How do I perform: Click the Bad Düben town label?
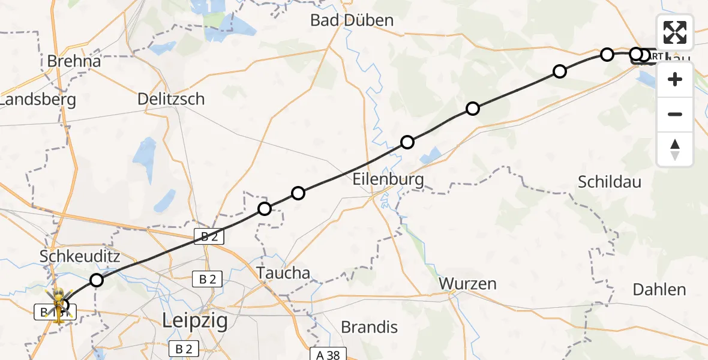coord(352,20)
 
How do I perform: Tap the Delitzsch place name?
coord(171,99)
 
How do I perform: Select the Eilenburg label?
coord(388,179)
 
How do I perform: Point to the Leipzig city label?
coord(195,321)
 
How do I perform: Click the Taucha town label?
coord(284,273)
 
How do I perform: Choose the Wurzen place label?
coord(467,283)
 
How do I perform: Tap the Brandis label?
coord(369,327)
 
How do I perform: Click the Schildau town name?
coord(610,182)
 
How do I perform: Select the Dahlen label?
coord(659,290)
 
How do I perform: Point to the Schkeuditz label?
coord(80,257)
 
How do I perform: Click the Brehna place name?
coord(74,61)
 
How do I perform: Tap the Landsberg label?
coord(39,100)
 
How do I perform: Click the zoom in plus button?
coord(675,79)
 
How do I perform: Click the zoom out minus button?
coord(675,114)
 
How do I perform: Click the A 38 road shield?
coord(328,354)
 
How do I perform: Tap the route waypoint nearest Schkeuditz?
coord(97,280)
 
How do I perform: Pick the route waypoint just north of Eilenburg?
coord(407,142)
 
